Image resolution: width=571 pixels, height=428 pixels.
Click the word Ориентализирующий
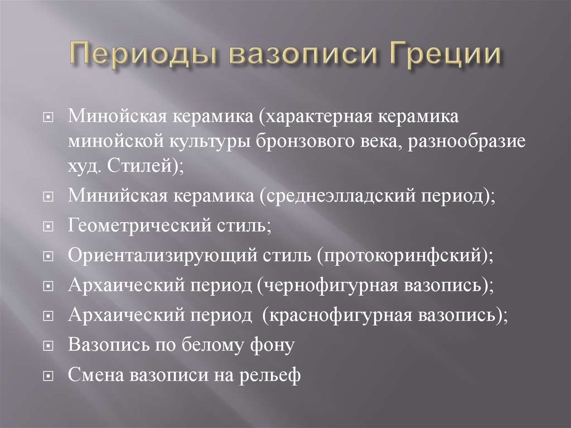click(160, 257)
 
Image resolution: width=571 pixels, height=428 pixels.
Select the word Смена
click(96, 374)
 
